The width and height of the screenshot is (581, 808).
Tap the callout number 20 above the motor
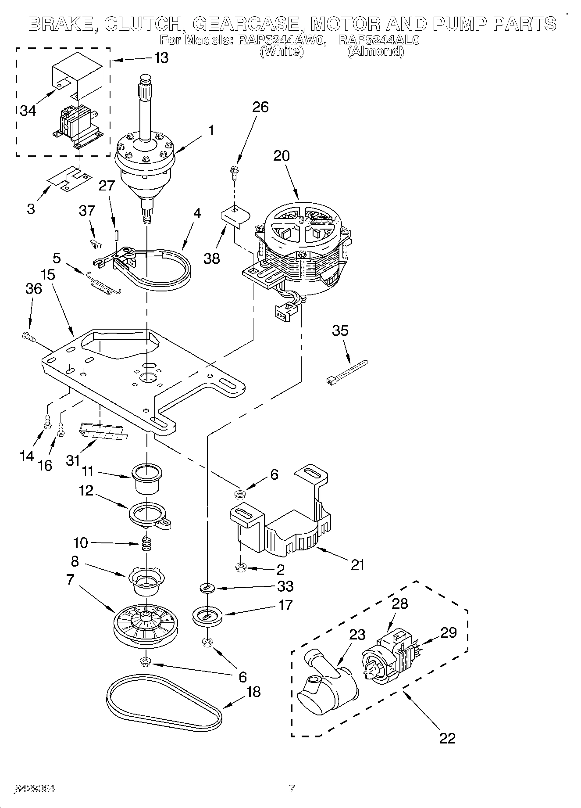coord(282,156)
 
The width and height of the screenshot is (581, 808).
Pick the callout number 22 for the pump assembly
coord(447,738)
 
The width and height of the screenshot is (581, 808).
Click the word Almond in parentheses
coord(375,51)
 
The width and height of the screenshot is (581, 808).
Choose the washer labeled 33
coord(207,588)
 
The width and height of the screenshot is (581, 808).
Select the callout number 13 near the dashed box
coord(161,57)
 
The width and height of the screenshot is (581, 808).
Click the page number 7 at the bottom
coord(291,788)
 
